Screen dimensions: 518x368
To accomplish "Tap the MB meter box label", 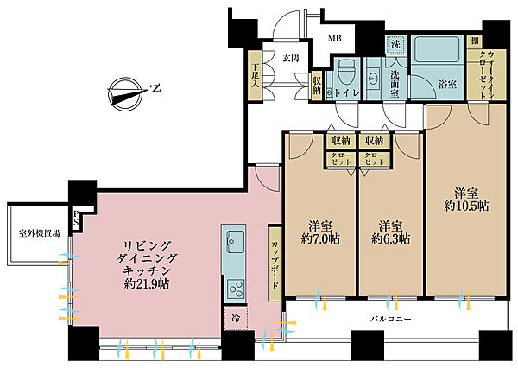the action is [334, 38].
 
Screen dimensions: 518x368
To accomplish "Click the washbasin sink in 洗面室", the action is [374, 79].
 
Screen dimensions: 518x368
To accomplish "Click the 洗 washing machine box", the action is [395, 44].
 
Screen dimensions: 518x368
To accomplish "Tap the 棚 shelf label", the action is [474, 41].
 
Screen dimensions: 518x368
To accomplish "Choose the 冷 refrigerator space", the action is [236, 319].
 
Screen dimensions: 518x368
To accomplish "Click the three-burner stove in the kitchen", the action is [236, 288].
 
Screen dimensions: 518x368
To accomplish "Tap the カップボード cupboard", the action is [275, 263].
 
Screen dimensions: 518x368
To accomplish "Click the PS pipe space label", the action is [76, 218].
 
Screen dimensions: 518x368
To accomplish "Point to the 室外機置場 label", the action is [40, 233].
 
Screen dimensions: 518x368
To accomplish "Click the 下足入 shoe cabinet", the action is [255, 75].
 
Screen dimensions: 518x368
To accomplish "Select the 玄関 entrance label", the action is [291, 59].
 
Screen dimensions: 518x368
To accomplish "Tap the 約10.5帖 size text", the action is [466, 206].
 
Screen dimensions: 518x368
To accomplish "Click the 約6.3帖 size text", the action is [390, 238].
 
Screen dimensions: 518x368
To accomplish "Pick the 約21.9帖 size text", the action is [147, 283].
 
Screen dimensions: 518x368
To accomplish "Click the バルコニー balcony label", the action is [390, 319].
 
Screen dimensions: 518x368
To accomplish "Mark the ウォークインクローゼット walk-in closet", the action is [486, 74].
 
